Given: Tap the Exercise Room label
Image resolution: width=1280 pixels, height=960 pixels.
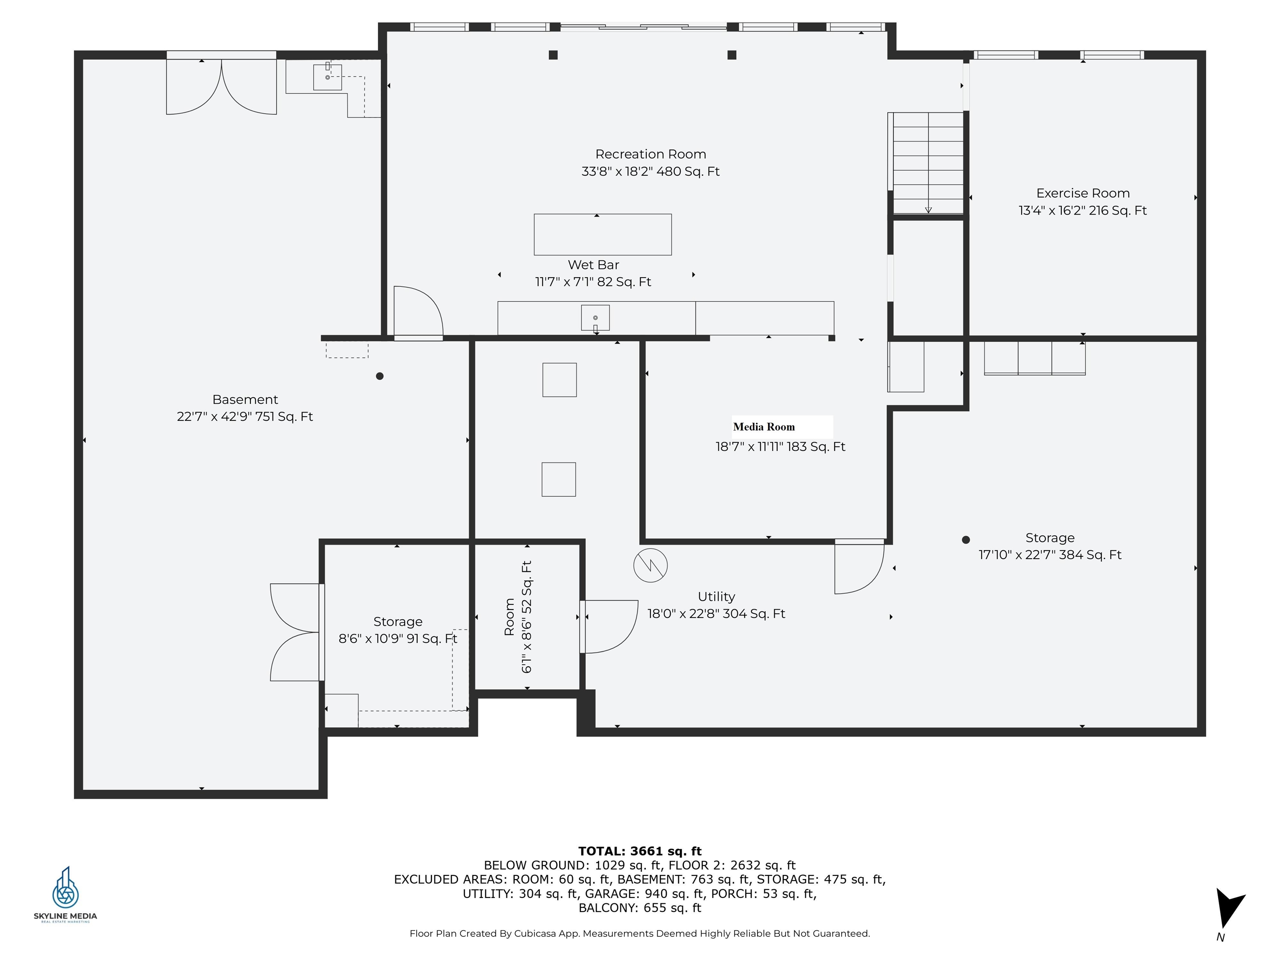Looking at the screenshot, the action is coord(1082,193).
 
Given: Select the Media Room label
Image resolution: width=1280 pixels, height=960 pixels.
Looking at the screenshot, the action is coord(764,427).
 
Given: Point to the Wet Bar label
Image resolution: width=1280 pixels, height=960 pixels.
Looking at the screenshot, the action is coord(593,265).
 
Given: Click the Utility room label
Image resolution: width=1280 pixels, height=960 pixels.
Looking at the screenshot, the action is coord(716,597).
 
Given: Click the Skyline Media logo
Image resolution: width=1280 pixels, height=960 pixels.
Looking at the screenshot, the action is coord(65,895).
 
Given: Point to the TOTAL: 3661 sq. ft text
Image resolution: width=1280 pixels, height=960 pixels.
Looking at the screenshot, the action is coord(640,851).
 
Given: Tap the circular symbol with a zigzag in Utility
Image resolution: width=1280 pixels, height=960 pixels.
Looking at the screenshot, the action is coord(650,565).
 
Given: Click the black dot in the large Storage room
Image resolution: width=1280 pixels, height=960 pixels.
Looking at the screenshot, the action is coord(966,540).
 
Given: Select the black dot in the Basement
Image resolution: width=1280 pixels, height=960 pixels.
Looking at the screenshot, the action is coord(380,376).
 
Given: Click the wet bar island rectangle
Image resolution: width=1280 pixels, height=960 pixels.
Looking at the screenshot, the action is coord(602,234).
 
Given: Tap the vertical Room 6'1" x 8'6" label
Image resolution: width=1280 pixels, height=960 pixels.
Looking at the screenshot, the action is coord(518,617).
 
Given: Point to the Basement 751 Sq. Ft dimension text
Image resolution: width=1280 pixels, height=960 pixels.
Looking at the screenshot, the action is coord(245,417).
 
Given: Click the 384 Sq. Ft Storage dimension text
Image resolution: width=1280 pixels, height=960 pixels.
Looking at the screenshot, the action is coord(1050,555).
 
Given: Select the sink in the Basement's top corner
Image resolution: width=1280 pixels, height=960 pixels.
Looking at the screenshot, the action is coord(327,77).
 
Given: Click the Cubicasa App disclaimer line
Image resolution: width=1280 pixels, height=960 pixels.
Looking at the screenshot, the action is coord(640,933).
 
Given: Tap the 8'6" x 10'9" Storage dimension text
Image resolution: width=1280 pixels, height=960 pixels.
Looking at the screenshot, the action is coord(397,639).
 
